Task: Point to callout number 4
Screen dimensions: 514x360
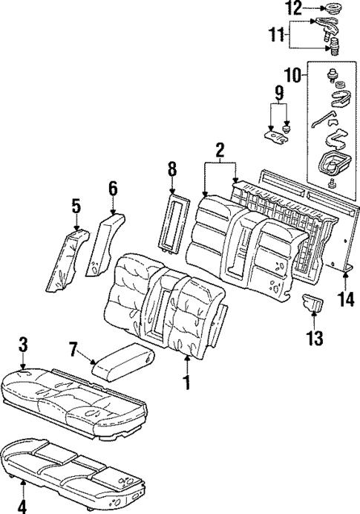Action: coord(22,507)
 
